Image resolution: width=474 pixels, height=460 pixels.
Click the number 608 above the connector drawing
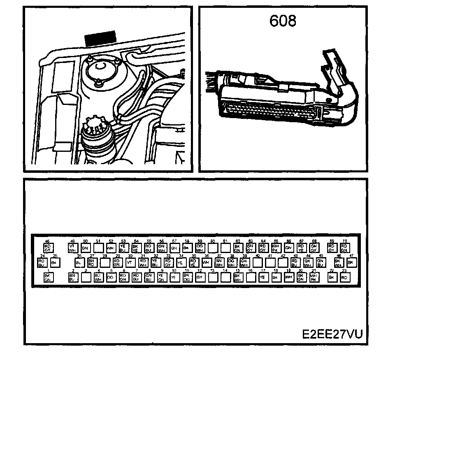point(283,21)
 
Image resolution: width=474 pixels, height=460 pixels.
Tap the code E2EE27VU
point(332,334)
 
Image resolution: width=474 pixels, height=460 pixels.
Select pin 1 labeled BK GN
point(47,277)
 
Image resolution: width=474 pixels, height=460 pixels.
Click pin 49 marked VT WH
point(72,248)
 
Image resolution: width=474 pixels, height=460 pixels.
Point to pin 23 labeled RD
point(344,277)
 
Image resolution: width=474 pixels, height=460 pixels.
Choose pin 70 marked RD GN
point(344,248)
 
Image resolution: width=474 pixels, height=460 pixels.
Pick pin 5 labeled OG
point(110,277)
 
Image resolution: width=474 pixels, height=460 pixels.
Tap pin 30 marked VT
point(130,263)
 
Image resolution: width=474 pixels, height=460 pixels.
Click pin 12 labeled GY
point(199,277)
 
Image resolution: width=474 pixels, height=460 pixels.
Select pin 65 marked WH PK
point(275,248)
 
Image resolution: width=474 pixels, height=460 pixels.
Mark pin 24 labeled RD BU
point(41,263)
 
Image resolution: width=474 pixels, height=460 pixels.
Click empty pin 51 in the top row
point(98,248)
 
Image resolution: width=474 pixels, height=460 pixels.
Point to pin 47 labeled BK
point(351,263)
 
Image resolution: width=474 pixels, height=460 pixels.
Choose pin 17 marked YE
point(263,277)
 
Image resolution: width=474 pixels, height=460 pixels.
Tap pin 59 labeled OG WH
point(199,248)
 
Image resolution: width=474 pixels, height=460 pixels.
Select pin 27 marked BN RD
point(91,263)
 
